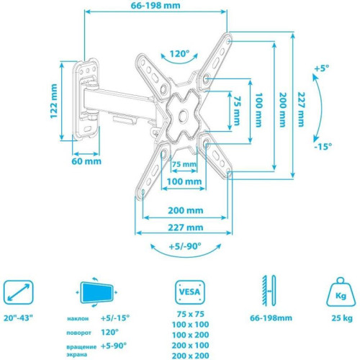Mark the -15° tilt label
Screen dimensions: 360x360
pyautogui.click(x=322, y=146)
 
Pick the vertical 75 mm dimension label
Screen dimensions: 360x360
pyautogui.click(x=235, y=111)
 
